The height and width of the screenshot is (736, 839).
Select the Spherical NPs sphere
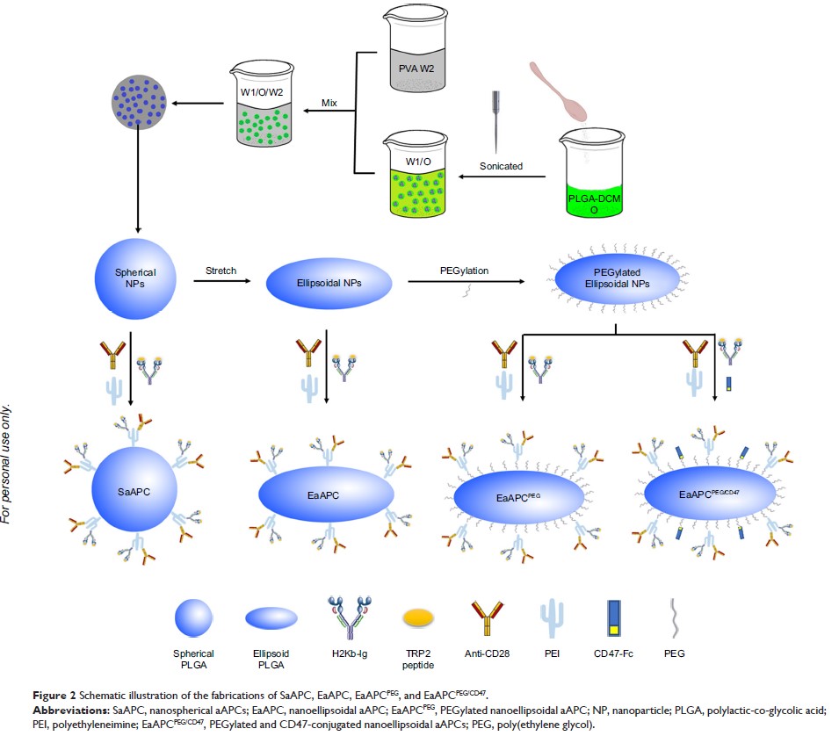[x=129, y=280]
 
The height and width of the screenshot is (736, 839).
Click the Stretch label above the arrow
[x=220, y=271]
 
